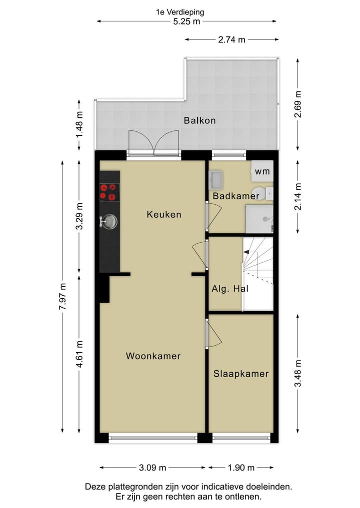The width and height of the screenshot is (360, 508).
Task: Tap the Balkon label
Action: tap(199, 120)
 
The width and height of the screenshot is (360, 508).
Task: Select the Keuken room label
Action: tap(164, 214)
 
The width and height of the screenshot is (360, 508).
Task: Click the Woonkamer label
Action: tap(153, 356)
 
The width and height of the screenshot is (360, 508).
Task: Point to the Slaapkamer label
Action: tap(241, 374)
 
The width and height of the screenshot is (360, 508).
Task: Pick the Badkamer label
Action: tap(236, 196)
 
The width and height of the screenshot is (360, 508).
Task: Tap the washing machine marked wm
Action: tap(262, 171)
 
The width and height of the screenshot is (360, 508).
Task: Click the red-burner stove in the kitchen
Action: tap(109, 192)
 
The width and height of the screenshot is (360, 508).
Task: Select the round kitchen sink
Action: tap(109, 221)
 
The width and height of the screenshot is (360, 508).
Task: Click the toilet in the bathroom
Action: tap(259, 193)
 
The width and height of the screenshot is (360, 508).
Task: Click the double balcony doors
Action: tap(153, 143)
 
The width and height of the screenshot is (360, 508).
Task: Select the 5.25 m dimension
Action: tap(186, 21)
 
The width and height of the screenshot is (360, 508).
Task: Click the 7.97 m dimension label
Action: tap(62, 297)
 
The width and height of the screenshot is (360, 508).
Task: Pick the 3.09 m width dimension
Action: tap(152, 468)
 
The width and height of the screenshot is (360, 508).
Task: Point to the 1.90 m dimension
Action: tap(241, 468)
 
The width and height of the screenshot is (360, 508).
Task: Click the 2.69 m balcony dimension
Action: tap(298, 103)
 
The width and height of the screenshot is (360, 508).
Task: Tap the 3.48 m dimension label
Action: tap(298, 374)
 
